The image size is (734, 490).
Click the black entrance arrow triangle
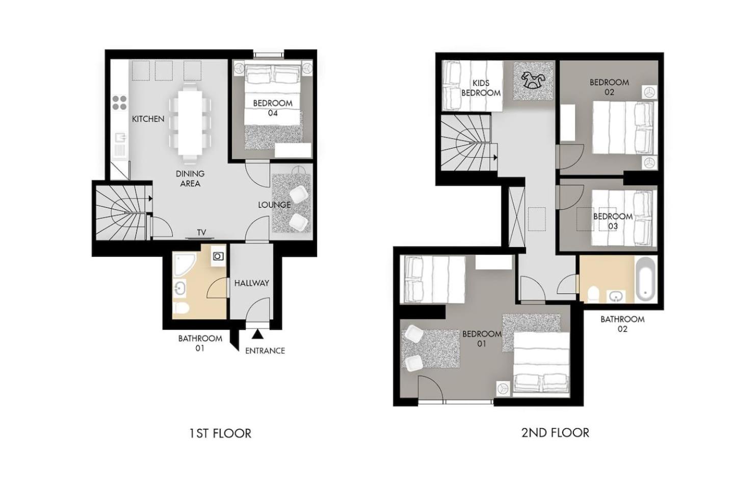point(257,334)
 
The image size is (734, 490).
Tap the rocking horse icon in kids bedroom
point(534,81)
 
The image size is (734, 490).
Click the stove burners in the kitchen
point(120,103)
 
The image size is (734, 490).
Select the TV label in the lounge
point(201,232)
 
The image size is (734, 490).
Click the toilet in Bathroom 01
point(180,308)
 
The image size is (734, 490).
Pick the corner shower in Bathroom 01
point(184,264)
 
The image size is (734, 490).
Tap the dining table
point(190,124)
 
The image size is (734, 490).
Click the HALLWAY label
point(252,283)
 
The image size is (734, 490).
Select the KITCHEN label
point(148,119)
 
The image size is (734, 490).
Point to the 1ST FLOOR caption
point(220,433)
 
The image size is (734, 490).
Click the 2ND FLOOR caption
point(555,432)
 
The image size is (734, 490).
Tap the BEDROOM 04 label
point(273,108)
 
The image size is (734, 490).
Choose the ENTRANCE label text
point(265,351)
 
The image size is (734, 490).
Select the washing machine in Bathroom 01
point(218,256)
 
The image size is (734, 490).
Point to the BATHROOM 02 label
point(622,324)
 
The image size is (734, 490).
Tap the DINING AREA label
point(190,178)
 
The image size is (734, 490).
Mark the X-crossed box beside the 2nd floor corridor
point(516,216)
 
